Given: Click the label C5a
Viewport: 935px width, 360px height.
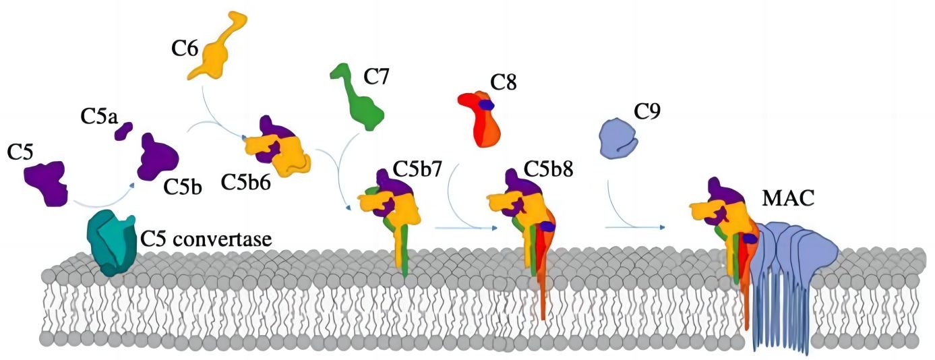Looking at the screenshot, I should tap(98, 117).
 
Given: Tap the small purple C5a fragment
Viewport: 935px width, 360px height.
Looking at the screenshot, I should tap(123, 131).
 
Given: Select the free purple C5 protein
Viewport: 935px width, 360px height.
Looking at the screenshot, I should tap(47, 181).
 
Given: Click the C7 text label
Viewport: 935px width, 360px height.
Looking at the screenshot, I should tap(376, 78).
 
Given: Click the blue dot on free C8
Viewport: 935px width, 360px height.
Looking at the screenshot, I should tap(486, 104).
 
